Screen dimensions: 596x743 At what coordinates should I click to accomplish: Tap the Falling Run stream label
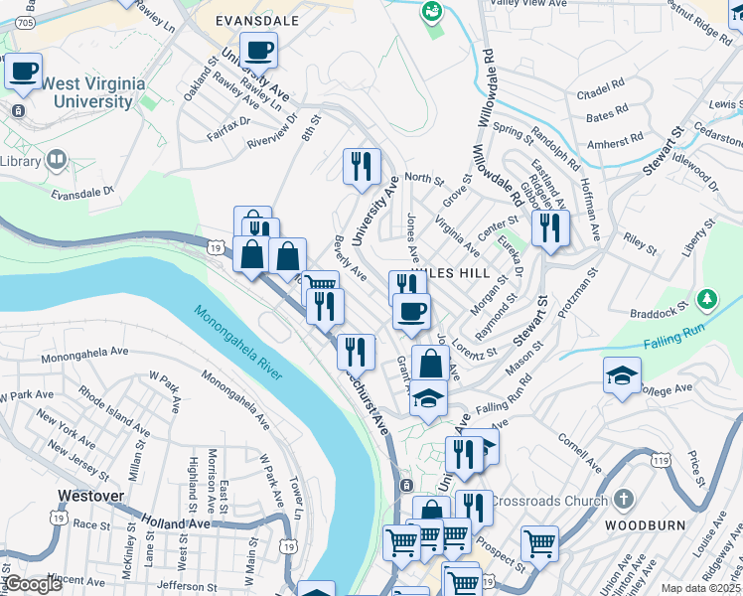[x=674, y=336]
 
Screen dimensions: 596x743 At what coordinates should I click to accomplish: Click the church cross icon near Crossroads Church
[x=622, y=499]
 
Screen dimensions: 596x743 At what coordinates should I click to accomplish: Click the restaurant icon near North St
[x=362, y=166]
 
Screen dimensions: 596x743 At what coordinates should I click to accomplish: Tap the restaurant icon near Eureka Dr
[x=549, y=227]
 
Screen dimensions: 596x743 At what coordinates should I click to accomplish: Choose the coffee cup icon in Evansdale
[x=258, y=49]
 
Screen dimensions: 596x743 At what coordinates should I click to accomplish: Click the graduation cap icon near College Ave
[x=622, y=374]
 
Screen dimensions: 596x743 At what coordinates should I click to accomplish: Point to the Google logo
[x=34, y=583]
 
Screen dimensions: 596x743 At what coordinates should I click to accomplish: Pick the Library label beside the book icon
[x=21, y=162]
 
